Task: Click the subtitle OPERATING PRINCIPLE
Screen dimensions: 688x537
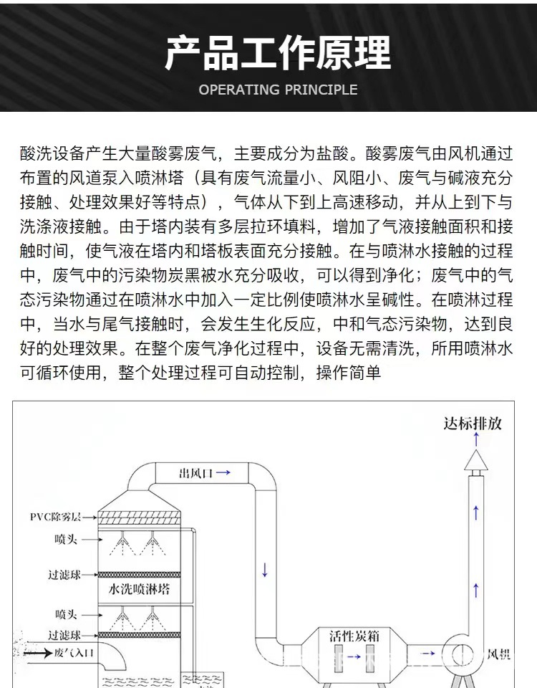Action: click(278, 90)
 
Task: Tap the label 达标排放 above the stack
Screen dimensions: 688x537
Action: click(473, 423)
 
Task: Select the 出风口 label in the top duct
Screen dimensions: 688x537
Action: click(194, 473)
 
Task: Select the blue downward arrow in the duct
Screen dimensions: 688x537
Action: click(265, 570)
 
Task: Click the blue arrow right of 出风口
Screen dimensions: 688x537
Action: click(223, 473)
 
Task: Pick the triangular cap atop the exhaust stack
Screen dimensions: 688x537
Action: click(475, 462)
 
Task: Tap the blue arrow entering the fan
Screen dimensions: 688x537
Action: click(427, 654)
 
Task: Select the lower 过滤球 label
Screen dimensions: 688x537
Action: click(64, 635)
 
